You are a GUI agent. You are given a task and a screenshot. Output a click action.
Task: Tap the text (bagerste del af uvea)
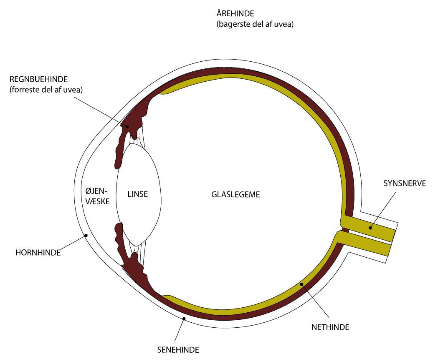click(x=256, y=25)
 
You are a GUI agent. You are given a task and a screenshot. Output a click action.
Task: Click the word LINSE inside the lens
click(x=138, y=194)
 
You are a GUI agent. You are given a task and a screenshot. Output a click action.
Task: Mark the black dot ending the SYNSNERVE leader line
click(x=370, y=228)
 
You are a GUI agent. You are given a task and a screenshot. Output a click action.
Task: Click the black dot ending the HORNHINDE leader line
click(x=86, y=236)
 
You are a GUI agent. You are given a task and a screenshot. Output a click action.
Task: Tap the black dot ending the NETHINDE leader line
click(x=301, y=284)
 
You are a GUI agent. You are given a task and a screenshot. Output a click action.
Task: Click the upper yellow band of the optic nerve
click(x=367, y=225)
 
